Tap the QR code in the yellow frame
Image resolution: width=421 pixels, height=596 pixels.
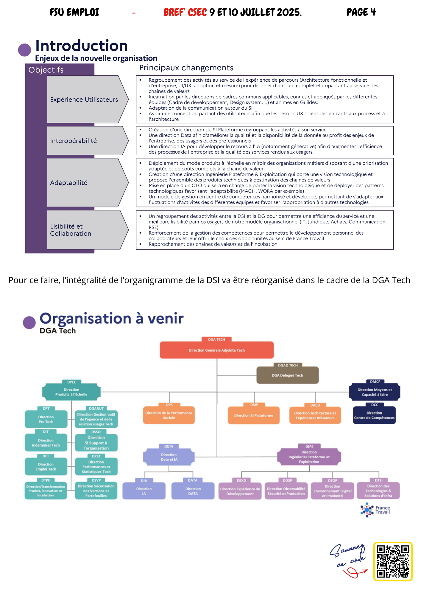393,561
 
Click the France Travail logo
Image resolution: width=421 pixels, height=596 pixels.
375,510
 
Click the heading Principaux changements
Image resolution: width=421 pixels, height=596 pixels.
186,68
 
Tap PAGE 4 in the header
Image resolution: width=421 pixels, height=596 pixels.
361,12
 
